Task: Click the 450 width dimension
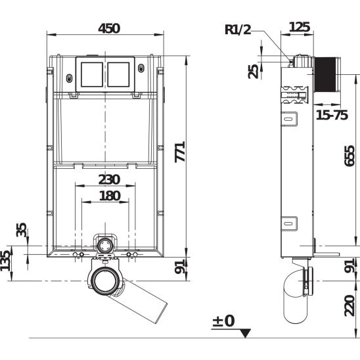pyautogui.click(x=109, y=28)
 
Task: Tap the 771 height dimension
pyautogui.click(x=180, y=152)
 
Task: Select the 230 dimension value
pyautogui.click(x=109, y=179)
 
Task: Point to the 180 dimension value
pyautogui.click(x=110, y=196)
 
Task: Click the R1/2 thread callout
pyautogui.click(x=238, y=30)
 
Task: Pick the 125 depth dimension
pyautogui.click(x=300, y=27)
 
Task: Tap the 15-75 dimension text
pyautogui.click(x=332, y=115)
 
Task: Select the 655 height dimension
pyautogui.click(x=349, y=156)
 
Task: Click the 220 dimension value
pyautogui.click(x=349, y=305)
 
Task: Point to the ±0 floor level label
pyautogui.click(x=223, y=321)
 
